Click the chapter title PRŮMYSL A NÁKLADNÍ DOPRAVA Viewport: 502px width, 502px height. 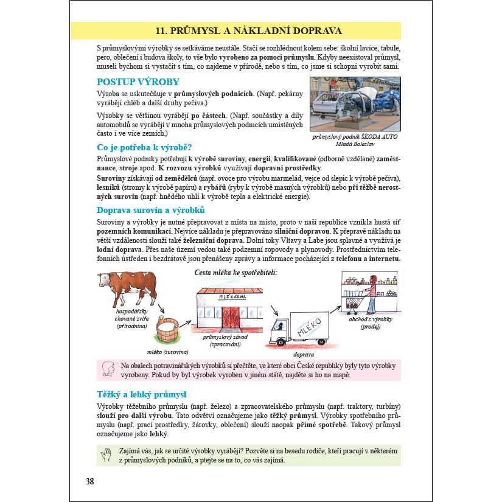tap(248, 30)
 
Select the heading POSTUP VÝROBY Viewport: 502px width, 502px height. tap(138, 82)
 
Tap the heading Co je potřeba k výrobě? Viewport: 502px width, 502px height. tap(144, 147)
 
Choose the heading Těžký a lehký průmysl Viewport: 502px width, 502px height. tap(142, 394)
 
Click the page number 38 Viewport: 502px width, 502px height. tap(90, 482)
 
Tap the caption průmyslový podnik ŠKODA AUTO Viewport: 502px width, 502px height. tap(355, 137)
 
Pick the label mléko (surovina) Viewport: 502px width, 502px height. tap(167, 352)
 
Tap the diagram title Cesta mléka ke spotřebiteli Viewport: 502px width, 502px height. tap(235, 272)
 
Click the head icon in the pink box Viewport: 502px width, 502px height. tap(110, 369)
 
